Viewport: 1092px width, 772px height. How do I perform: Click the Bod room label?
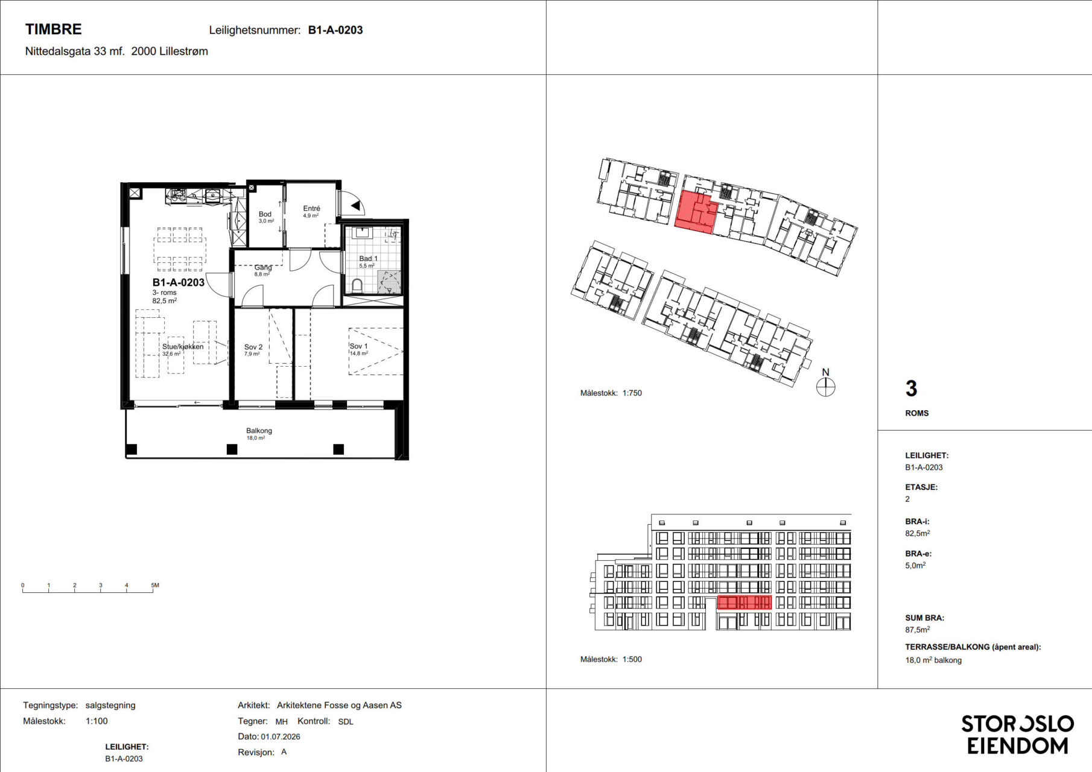pyautogui.click(x=265, y=214)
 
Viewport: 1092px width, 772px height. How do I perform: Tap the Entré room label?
pyautogui.click(x=311, y=208)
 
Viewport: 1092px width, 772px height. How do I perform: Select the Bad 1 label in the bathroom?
pyautogui.click(x=368, y=259)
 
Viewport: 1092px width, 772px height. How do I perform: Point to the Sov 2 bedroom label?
pyautogui.click(x=253, y=347)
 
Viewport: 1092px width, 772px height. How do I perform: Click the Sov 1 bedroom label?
pyautogui.click(x=358, y=346)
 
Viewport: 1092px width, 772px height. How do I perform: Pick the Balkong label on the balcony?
pyautogui.click(x=259, y=431)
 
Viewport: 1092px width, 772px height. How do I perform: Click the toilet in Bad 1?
pyautogui.click(x=357, y=285)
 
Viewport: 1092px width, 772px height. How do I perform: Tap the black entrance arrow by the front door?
pyautogui.click(x=356, y=206)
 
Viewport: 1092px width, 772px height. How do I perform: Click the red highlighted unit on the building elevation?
pyautogui.click(x=744, y=602)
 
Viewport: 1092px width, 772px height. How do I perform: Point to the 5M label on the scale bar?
pyautogui.click(x=155, y=585)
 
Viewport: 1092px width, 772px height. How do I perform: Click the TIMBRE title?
pyautogui.click(x=53, y=29)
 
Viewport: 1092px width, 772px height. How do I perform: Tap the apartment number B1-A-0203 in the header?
pyautogui.click(x=335, y=30)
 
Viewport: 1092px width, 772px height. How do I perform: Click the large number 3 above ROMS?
pyautogui.click(x=911, y=388)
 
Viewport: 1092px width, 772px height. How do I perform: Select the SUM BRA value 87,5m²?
pyautogui.click(x=917, y=630)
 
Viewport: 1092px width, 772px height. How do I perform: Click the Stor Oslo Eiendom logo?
pyautogui.click(x=1017, y=735)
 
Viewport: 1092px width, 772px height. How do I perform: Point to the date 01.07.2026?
pyautogui.click(x=281, y=736)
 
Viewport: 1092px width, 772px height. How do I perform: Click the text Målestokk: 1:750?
pyautogui.click(x=611, y=393)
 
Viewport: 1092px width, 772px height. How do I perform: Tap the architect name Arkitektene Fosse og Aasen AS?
pyautogui.click(x=339, y=705)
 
